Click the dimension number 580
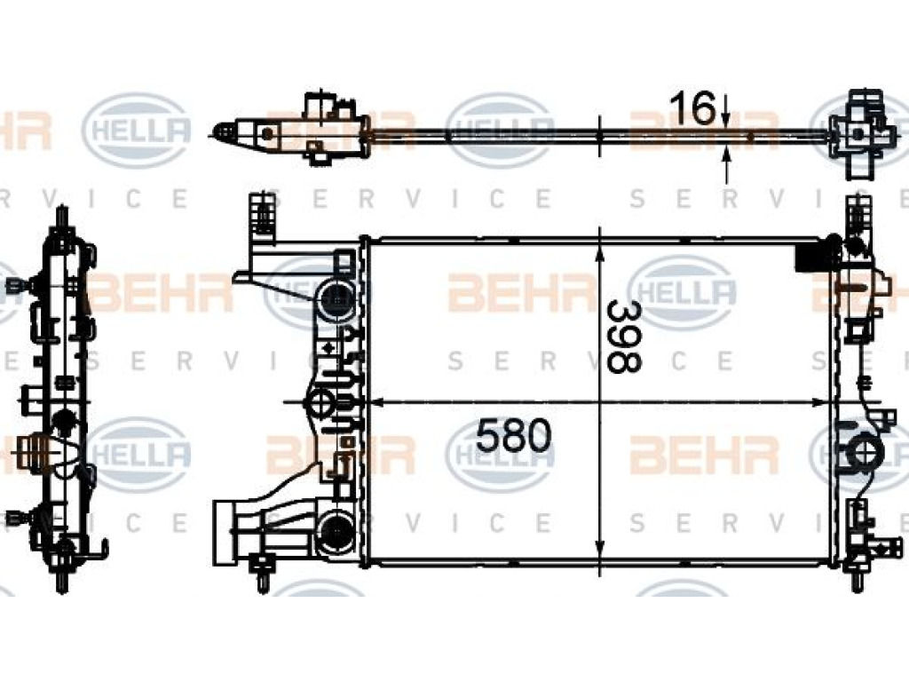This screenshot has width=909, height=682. coord(513,437)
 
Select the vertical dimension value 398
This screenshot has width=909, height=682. coord(624,337)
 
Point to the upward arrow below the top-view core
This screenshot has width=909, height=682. coord(725,165)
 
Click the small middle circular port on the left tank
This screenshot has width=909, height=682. coord(320,402)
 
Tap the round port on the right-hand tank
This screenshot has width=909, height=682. coord(864,449)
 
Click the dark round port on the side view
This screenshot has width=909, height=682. coord(63,420)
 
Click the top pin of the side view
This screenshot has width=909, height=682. coord(61,216)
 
